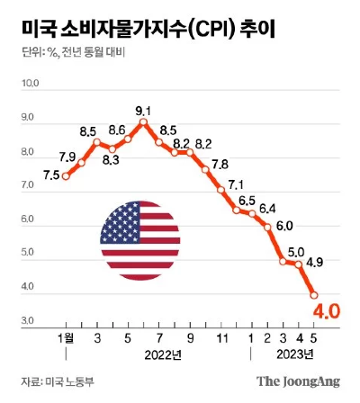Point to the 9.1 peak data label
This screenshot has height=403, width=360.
point(144,112)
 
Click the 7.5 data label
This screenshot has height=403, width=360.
point(51,175)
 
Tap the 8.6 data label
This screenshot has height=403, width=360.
point(115,130)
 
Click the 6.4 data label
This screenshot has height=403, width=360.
point(267,210)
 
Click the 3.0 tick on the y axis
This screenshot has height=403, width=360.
point(30,321)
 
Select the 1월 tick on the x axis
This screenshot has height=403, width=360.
point(66,337)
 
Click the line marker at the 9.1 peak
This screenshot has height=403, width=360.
point(142,122)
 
